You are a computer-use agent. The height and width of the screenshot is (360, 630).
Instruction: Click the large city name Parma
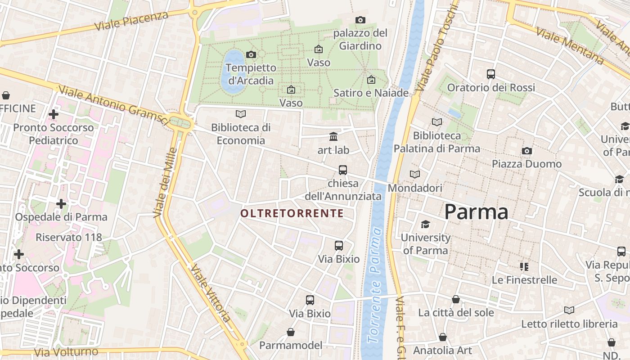476,212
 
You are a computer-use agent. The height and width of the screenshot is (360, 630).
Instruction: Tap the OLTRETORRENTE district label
292,213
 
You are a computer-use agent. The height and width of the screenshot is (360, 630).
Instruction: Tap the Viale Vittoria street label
211,293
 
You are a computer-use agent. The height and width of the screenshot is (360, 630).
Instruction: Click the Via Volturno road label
66,352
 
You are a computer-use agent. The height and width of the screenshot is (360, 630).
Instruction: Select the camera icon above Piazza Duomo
526,151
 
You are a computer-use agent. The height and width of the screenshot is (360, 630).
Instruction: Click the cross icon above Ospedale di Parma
61,204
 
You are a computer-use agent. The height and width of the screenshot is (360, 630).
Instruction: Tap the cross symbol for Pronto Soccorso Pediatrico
54,114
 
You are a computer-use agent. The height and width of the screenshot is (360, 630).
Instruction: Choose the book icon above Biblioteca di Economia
241,114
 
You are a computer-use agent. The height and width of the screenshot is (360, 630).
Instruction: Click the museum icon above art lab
333,136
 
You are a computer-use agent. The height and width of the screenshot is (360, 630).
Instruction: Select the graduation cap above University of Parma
425,224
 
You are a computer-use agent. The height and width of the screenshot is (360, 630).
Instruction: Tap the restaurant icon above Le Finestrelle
524,267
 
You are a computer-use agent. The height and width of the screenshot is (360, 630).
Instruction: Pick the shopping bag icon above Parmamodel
291,332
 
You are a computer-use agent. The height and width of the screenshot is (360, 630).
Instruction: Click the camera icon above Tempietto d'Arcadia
251,54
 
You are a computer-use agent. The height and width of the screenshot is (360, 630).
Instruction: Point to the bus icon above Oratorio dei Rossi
491,74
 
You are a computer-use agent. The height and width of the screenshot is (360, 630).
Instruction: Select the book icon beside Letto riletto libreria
569,310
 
